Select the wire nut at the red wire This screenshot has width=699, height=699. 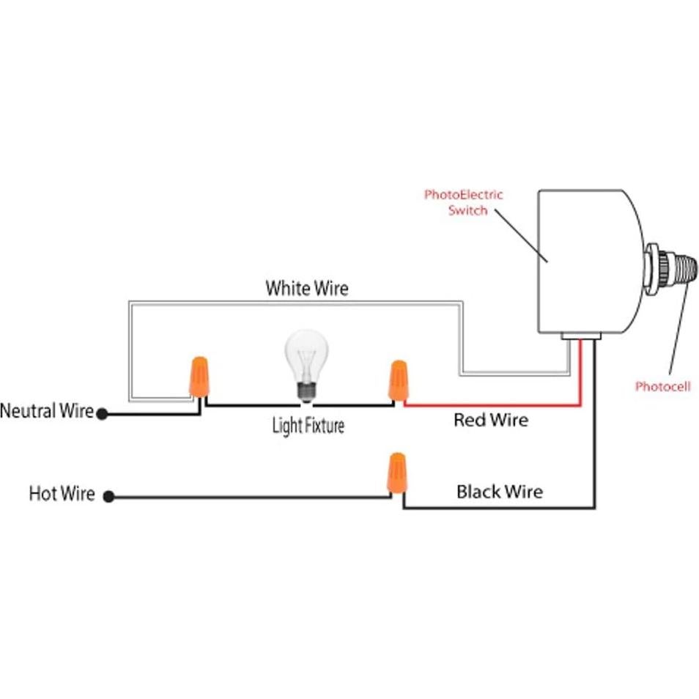[398, 380]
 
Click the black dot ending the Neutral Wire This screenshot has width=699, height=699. [103, 414]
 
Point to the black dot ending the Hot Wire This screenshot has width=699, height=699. [108, 497]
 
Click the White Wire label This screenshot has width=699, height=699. [306, 288]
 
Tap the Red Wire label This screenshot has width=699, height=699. [490, 421]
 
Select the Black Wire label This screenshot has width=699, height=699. [500, 491]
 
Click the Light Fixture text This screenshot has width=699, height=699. [308, 425]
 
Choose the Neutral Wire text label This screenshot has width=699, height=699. [47, 411]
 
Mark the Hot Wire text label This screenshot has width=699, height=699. [62, 494]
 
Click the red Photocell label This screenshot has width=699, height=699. [662, 386]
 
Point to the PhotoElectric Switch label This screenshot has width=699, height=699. [464, 202]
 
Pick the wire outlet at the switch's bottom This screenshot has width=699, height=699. [582, 336]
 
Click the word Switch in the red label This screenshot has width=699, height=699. [467, 210]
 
